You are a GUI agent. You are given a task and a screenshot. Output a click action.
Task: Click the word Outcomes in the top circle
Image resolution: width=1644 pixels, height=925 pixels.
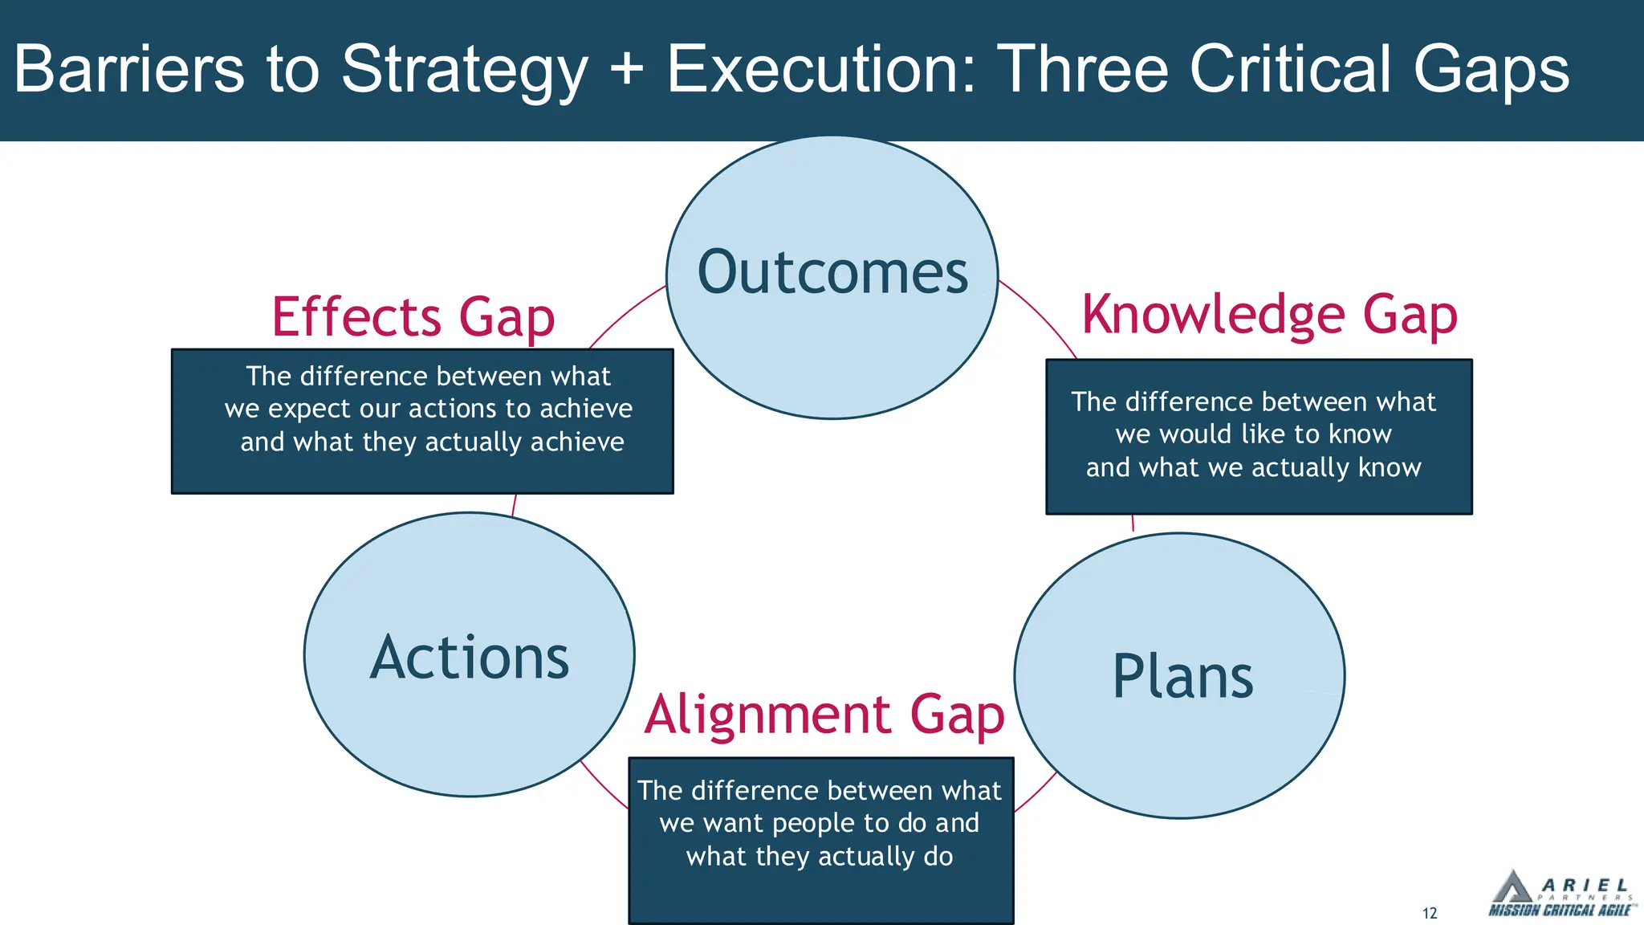pos(832,273)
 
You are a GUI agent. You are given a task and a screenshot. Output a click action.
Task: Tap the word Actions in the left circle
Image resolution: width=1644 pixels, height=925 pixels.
pos(470,658)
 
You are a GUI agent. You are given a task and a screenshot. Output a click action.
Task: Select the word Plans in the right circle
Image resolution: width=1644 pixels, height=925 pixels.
pos(1182,677)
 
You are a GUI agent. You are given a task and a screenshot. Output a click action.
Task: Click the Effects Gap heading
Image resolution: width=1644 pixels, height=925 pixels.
pos(413,316)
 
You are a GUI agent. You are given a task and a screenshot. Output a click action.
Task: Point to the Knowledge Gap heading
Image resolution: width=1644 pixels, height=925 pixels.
pos(1269,314)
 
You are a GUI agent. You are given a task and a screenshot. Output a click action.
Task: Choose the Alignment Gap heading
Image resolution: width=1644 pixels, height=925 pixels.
pos(824,714)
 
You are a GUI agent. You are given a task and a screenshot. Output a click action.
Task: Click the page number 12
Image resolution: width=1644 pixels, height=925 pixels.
pos(1430,913)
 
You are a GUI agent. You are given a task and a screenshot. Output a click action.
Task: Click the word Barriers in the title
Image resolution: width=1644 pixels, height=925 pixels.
pos(128,69)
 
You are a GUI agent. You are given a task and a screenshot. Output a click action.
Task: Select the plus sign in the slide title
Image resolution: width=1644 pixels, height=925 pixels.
pos(627,69)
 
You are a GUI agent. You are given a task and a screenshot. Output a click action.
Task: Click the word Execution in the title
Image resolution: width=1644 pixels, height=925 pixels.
pos(821,69)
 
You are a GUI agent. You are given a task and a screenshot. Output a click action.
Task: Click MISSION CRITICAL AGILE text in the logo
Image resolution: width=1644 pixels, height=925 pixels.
pos(1559,910)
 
